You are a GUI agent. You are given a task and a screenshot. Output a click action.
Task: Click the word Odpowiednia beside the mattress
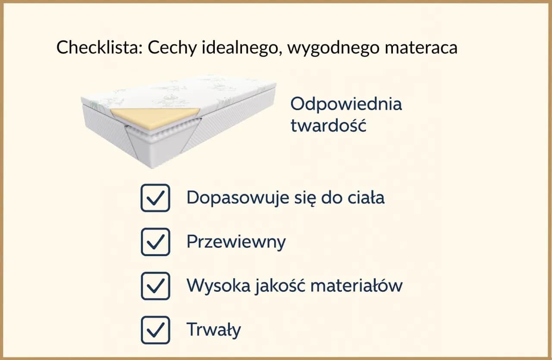click(x=346, y=104)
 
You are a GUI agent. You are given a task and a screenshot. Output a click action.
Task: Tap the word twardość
click(x=328, y=125)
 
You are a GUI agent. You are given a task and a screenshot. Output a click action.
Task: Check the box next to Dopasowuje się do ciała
click(x=155, y=198)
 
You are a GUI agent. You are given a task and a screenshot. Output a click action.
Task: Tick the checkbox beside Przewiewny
click(x=155, y=242)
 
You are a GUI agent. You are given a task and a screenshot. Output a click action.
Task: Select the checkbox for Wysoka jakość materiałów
click(x=155, y=286)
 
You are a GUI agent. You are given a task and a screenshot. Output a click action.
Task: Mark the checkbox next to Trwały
click(x=155, y=330)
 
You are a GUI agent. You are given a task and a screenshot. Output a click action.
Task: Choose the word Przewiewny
click(x=236, y=242)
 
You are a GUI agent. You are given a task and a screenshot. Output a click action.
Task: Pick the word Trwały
click(x=213, y=330)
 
